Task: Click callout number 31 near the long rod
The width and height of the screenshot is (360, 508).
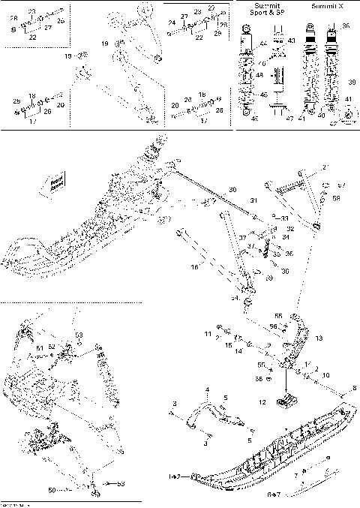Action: coord(253,200)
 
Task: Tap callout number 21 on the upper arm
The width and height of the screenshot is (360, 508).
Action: coord(325,167)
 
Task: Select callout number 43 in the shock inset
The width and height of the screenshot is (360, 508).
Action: coord(291,40)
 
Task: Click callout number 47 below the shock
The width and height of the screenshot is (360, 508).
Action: coord(290,119)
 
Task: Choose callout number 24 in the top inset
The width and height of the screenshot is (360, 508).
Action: coord(171,23)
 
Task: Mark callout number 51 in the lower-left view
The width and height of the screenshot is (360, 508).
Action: coord(40,347)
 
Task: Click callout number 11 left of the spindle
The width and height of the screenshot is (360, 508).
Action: coord(208,333)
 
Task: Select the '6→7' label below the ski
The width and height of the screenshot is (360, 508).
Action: coord(310,496)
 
